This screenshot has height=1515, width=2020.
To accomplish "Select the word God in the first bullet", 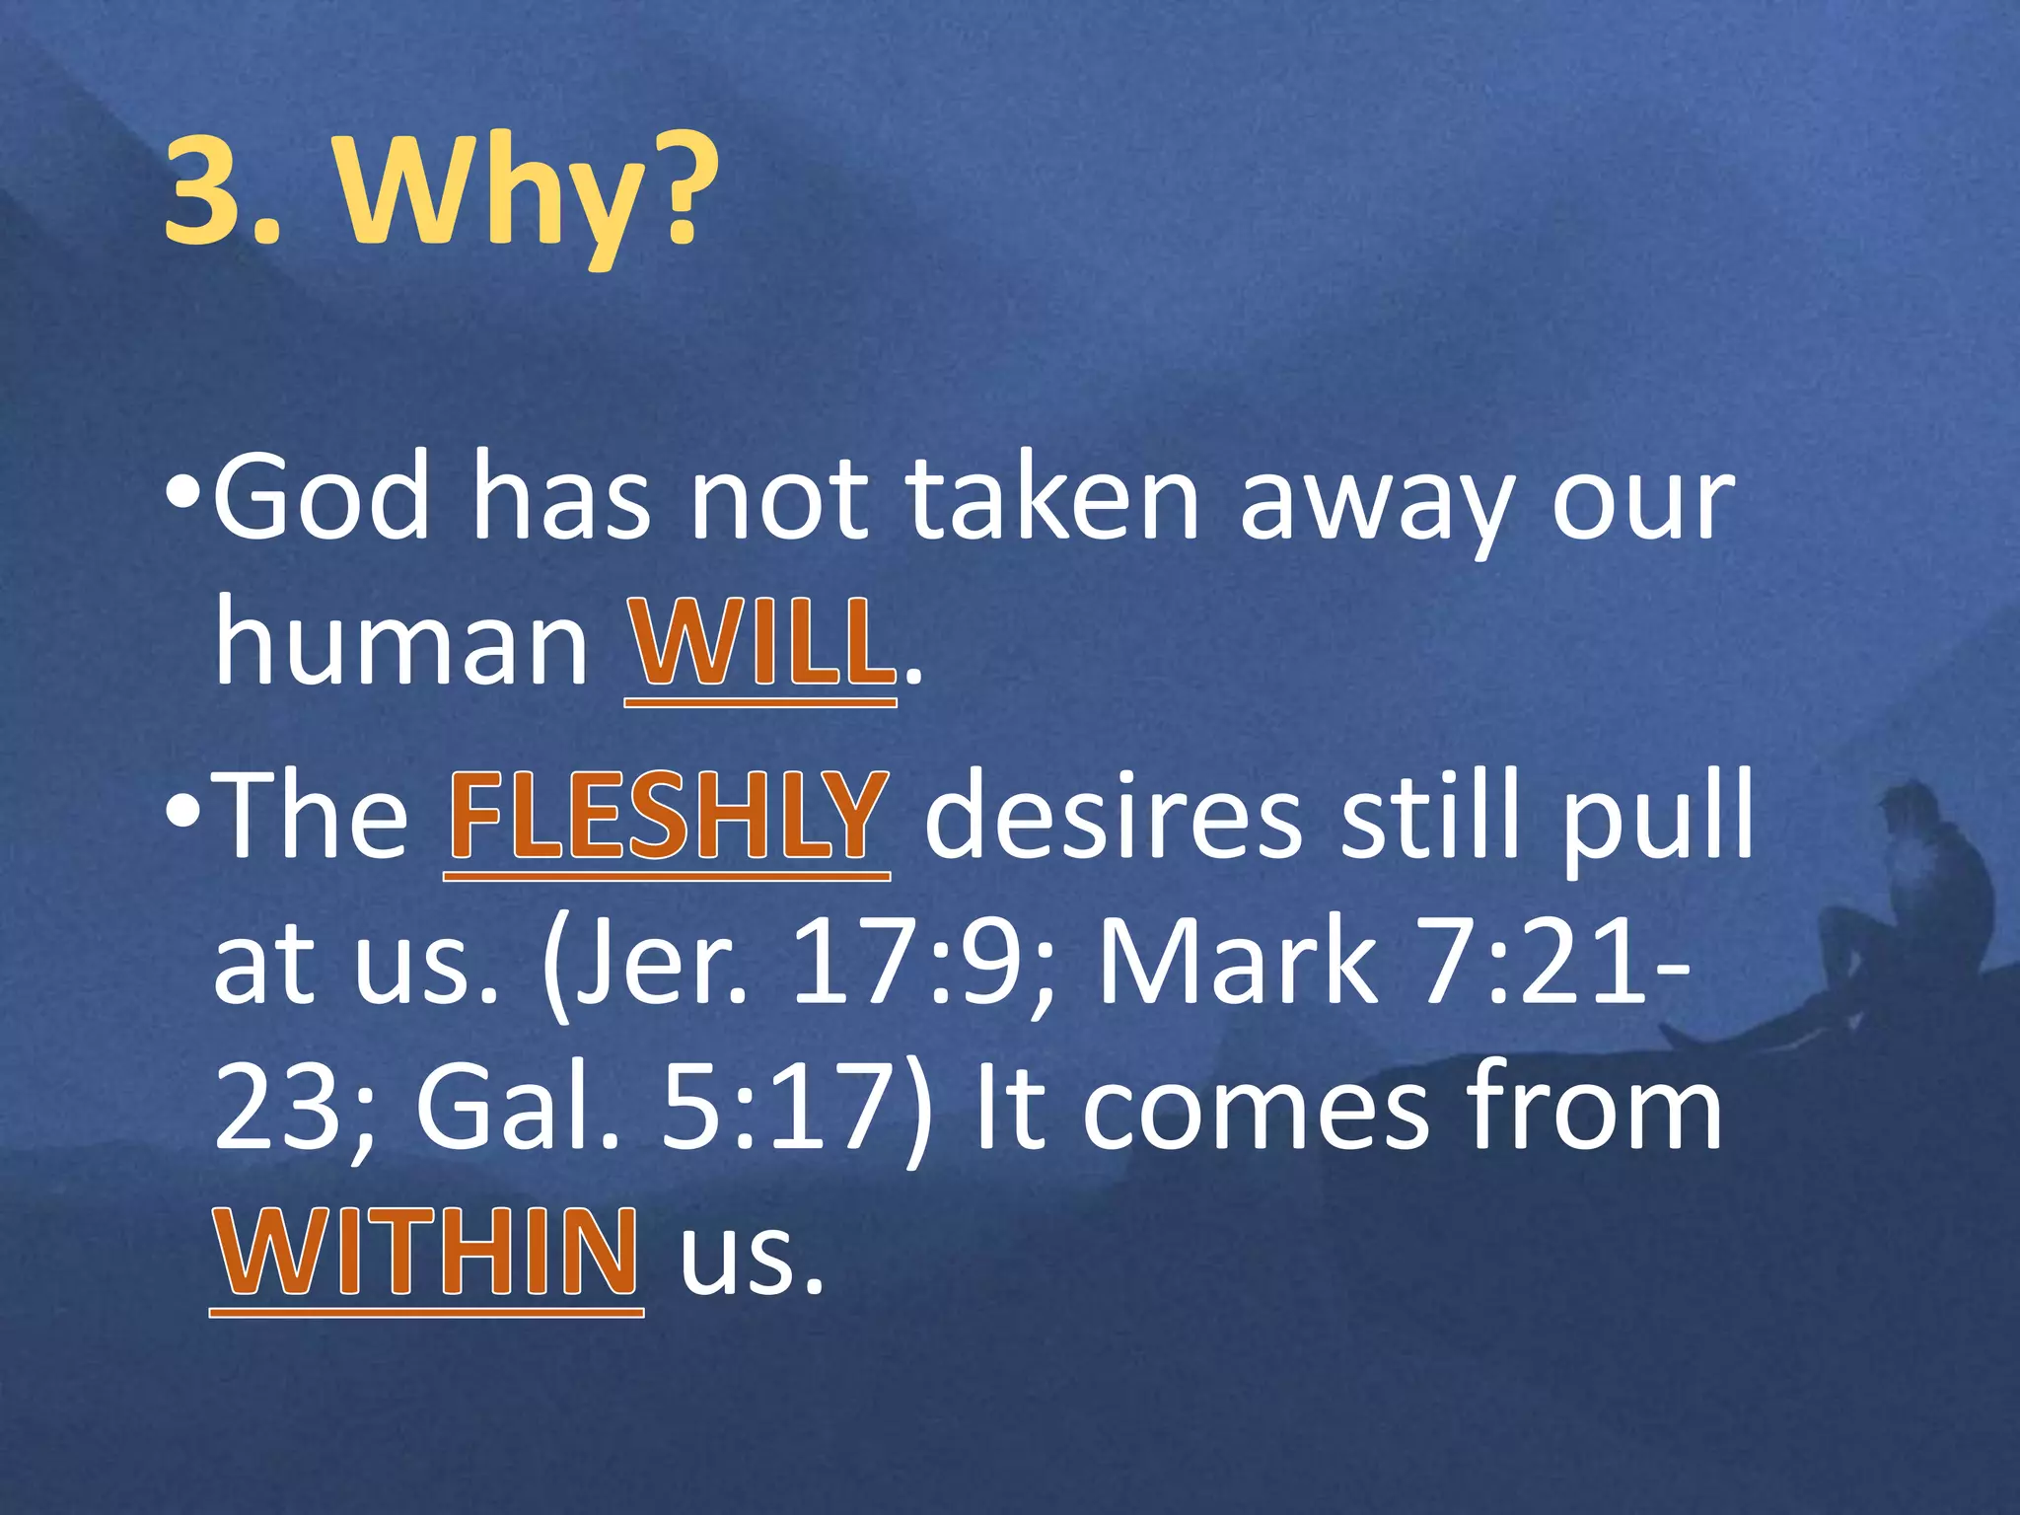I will [x=322, y=498].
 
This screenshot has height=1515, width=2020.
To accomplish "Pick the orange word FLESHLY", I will [x=668, y=816].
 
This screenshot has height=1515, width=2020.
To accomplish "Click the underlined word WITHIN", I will [x=426, y=1252].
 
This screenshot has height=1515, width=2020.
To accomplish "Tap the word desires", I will [x=1114, y=816].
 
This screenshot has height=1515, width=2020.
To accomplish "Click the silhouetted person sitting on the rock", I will [x=1894, y=917].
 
